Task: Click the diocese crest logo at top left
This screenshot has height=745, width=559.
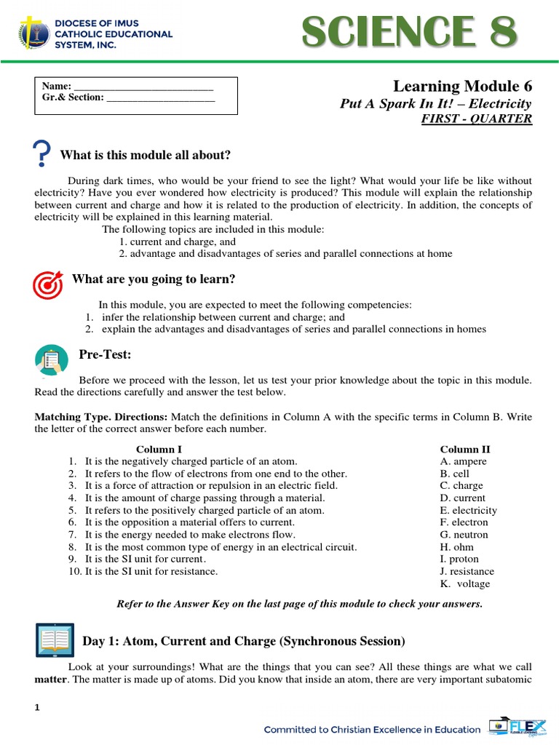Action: point(30,33)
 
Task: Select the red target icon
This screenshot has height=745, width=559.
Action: point(48,284)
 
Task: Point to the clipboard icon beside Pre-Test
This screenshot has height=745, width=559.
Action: point(50,359)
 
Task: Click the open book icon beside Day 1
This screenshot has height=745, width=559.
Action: point(55,640)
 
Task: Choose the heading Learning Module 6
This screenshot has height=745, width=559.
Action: point(462,87)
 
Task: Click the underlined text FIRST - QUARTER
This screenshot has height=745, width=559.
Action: point(477,119)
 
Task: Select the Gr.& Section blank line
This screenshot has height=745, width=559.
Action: point(161,97)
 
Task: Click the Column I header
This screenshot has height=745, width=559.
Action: point(159,450)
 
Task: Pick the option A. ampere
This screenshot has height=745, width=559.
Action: point(464,461)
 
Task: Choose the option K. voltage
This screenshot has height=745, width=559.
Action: point(465,583)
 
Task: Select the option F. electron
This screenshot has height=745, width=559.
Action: point(464,522)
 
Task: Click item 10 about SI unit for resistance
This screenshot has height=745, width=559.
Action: point(143,571)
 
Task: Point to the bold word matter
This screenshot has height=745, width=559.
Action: point(50,680)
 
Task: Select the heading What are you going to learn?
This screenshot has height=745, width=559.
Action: point(154,279)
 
